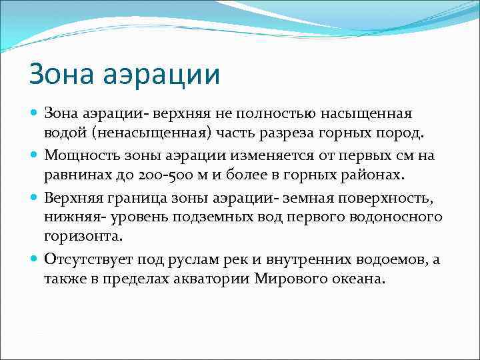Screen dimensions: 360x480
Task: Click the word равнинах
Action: coord(76,174)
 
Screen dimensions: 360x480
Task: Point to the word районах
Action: coord(369,174)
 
